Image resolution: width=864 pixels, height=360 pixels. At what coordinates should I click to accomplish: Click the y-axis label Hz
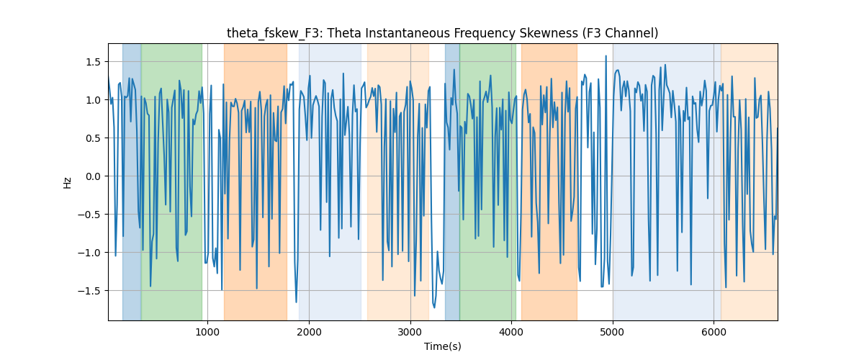pyautogui.click(x=68, y=183)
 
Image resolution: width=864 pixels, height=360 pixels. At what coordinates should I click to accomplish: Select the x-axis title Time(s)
pyautogui.click(x=443, y=346)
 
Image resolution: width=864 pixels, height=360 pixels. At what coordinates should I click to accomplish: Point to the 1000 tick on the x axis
pyautogui.click(x=207, y=332)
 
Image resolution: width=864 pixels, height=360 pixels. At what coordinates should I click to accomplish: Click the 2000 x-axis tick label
pyautogui.click(x=309, y=332)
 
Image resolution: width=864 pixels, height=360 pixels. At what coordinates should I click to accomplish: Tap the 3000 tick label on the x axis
pyautogui.click(x=410, y=332)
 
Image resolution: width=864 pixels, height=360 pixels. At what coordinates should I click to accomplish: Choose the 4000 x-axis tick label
pyautogui.click(x=511, y=332)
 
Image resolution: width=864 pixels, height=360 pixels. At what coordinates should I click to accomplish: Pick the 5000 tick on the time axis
pyautogui.click(x=613, y=332)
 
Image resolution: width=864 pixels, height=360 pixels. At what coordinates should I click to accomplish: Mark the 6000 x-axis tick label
pyautogui.click(x=714, y=332)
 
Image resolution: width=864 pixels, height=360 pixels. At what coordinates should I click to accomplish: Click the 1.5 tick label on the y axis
pyautogui.click(x=93, y=62)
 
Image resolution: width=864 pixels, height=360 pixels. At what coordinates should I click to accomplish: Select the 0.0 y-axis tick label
pyautogui.click(x=93, y=176)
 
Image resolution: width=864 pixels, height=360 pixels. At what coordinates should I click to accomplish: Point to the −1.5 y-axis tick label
pyautogui.click(x=89, y=291)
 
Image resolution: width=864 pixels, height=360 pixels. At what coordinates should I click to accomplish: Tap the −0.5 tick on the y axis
pyautogui.click(x=89, y=215)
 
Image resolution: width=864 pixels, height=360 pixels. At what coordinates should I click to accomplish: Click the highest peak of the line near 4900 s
pyautogui.click(x=606, y=56)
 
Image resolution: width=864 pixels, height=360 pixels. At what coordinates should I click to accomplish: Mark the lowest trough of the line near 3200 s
pyautogui.click(x=434, y=307)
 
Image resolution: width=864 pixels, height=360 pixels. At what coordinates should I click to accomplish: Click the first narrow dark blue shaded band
pyautogui.click(x=132, y=181)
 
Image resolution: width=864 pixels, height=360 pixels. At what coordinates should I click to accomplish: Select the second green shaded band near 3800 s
pyautogui.click(x=487, y=181)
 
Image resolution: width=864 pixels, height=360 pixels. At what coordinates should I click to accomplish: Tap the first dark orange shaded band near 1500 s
pyautogui.click(x=256, y=181)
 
